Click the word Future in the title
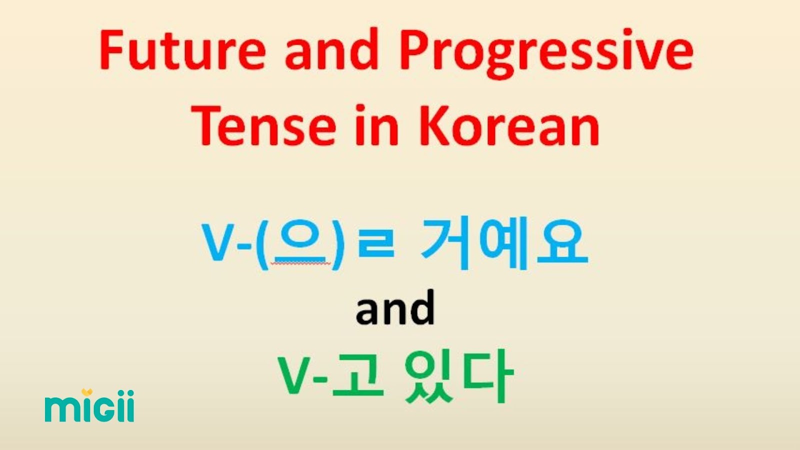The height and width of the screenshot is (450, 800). (x=183, y=49)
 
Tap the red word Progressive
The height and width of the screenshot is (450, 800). (x=547, y=53)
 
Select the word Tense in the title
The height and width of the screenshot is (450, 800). (x=265, y=125)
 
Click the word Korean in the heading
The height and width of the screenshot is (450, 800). (x=509, y=125)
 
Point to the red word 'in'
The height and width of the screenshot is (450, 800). (x=376, y=125)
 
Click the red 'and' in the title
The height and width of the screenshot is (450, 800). (x=332, y=49)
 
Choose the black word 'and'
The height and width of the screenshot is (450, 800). (x=395, y=308)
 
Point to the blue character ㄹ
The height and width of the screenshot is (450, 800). (x=376, y=243)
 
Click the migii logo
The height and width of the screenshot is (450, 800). (x=89, y=405)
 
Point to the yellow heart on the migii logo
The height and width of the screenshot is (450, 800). (x=87, y=392)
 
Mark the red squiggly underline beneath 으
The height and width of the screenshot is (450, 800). (x=300, y=263)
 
